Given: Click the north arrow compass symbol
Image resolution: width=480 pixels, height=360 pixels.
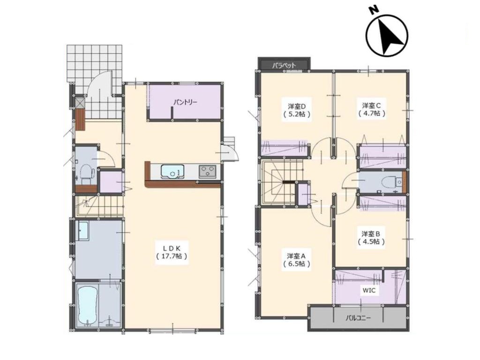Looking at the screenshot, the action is [x=387, y=36].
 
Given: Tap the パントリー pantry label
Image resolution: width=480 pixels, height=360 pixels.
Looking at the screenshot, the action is [x=186, y=102].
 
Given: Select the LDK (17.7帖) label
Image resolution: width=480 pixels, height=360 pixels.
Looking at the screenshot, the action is [x=172, y=252].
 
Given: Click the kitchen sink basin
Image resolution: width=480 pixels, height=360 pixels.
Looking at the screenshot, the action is [x=172, y=172].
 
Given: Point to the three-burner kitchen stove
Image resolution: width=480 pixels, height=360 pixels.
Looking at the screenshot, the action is [x=208, y=171].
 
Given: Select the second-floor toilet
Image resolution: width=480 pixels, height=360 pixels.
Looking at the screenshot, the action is [x=391, y=182].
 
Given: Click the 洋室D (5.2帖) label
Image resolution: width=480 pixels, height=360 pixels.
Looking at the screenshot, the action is [x=297, y=110].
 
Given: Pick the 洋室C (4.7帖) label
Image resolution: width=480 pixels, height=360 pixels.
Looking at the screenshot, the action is [x=372, y=109].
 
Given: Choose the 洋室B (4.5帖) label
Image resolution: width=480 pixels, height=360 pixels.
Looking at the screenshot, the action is [x=371, y=238].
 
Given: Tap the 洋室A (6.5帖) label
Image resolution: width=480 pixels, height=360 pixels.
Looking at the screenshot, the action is [x=296, y=260].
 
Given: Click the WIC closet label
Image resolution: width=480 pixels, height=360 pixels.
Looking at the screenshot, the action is [x=369, y=290].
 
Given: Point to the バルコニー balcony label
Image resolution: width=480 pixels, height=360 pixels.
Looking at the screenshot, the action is [x=358, y=318].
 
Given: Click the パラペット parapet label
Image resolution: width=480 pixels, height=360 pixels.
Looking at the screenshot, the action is [x=285, y=65].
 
